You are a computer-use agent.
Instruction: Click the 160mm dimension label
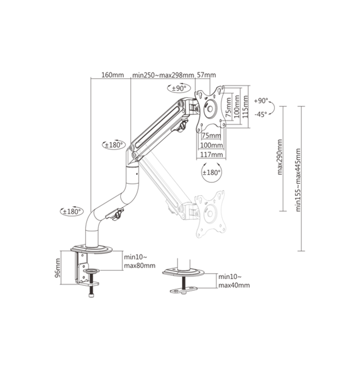point(112,75)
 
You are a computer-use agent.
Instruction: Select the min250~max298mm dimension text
point(163,75)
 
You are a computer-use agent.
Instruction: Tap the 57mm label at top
point(207,75)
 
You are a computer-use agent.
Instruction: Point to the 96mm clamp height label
point(58,268)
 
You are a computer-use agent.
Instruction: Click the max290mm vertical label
point(280,157)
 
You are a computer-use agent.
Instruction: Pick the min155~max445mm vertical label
point(298,180)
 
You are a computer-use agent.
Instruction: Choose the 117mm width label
point(211,155)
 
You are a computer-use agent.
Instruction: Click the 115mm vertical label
point(245,107)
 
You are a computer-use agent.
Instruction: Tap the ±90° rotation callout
point(179,88)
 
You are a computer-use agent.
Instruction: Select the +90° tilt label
point(261,101)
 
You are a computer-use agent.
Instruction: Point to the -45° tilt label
point(261,115)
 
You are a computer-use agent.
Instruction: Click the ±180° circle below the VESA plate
point(211,173)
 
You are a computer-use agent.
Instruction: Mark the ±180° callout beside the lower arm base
point(72,211)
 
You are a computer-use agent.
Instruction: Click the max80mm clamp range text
point(140,265)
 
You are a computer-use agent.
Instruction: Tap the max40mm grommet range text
point(234,285)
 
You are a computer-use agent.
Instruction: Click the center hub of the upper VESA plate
point(210,109)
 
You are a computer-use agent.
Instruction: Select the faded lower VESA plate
point(210,214)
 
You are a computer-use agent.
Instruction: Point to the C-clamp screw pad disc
point(91,271)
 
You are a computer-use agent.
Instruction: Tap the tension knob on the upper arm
point(182,126)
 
